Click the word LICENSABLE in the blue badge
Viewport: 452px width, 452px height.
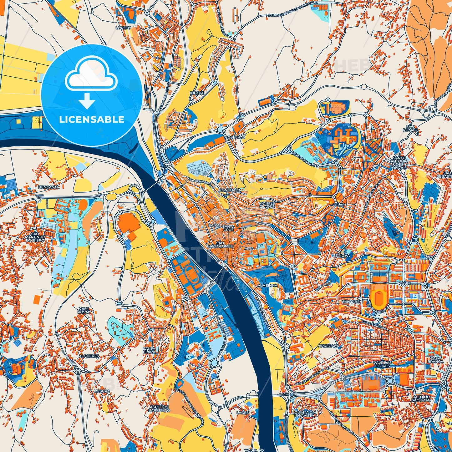click(x=92, y=119)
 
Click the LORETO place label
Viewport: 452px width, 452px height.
click(x=123, y=28)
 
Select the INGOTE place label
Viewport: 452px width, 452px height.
click(x=197, y=93)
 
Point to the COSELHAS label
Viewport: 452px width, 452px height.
click(x=236, y=137)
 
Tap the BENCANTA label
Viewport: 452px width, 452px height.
click(x=48, y=187)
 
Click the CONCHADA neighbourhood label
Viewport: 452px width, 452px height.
click(x=230, y=190)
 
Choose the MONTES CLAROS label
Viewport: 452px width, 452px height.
click(x=267, y=205)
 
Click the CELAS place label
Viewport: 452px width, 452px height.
click(x=339, y=205)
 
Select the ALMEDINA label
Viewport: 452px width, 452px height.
click(x=267, y=285)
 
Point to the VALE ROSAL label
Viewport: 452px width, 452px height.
click(x=84, y=310)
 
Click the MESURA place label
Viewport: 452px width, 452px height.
click(x=102, y=391)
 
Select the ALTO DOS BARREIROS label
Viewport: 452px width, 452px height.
click(x=159, y=409)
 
